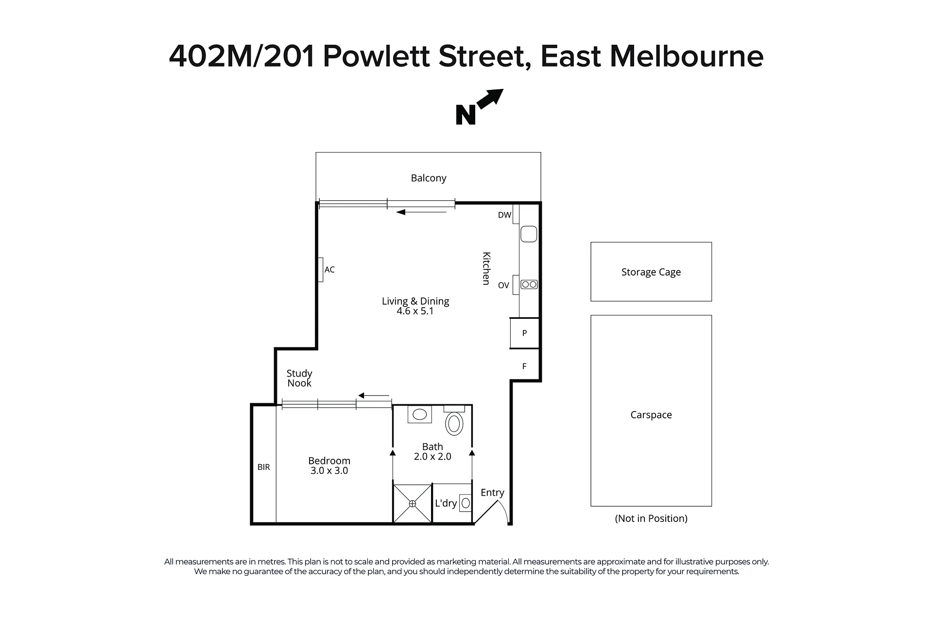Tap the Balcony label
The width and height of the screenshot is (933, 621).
(428, 178)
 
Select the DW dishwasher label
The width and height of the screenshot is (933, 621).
(504, 215)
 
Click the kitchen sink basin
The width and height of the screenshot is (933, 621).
(529, 234)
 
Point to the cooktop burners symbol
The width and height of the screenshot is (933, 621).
(529, 284)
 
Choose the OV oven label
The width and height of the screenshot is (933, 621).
(503, 285)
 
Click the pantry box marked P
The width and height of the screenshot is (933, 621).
(524, 333)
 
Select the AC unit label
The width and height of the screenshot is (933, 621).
(329, 270)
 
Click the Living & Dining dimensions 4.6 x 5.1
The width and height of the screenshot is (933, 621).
(415, 311)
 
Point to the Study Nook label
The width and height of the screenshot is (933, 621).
(299, 378)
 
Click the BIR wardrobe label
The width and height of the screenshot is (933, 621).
(264, 467)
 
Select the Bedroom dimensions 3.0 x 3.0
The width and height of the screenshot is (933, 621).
(329, 470)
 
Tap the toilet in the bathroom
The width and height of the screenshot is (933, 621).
(454, 421)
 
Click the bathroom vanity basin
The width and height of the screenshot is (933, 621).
(419, 414)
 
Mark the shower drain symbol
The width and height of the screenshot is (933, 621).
(413, 504)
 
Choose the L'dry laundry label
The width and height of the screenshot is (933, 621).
(446, 503)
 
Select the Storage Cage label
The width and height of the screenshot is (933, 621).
(651, 272)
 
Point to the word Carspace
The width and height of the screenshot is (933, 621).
(651, 415)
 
